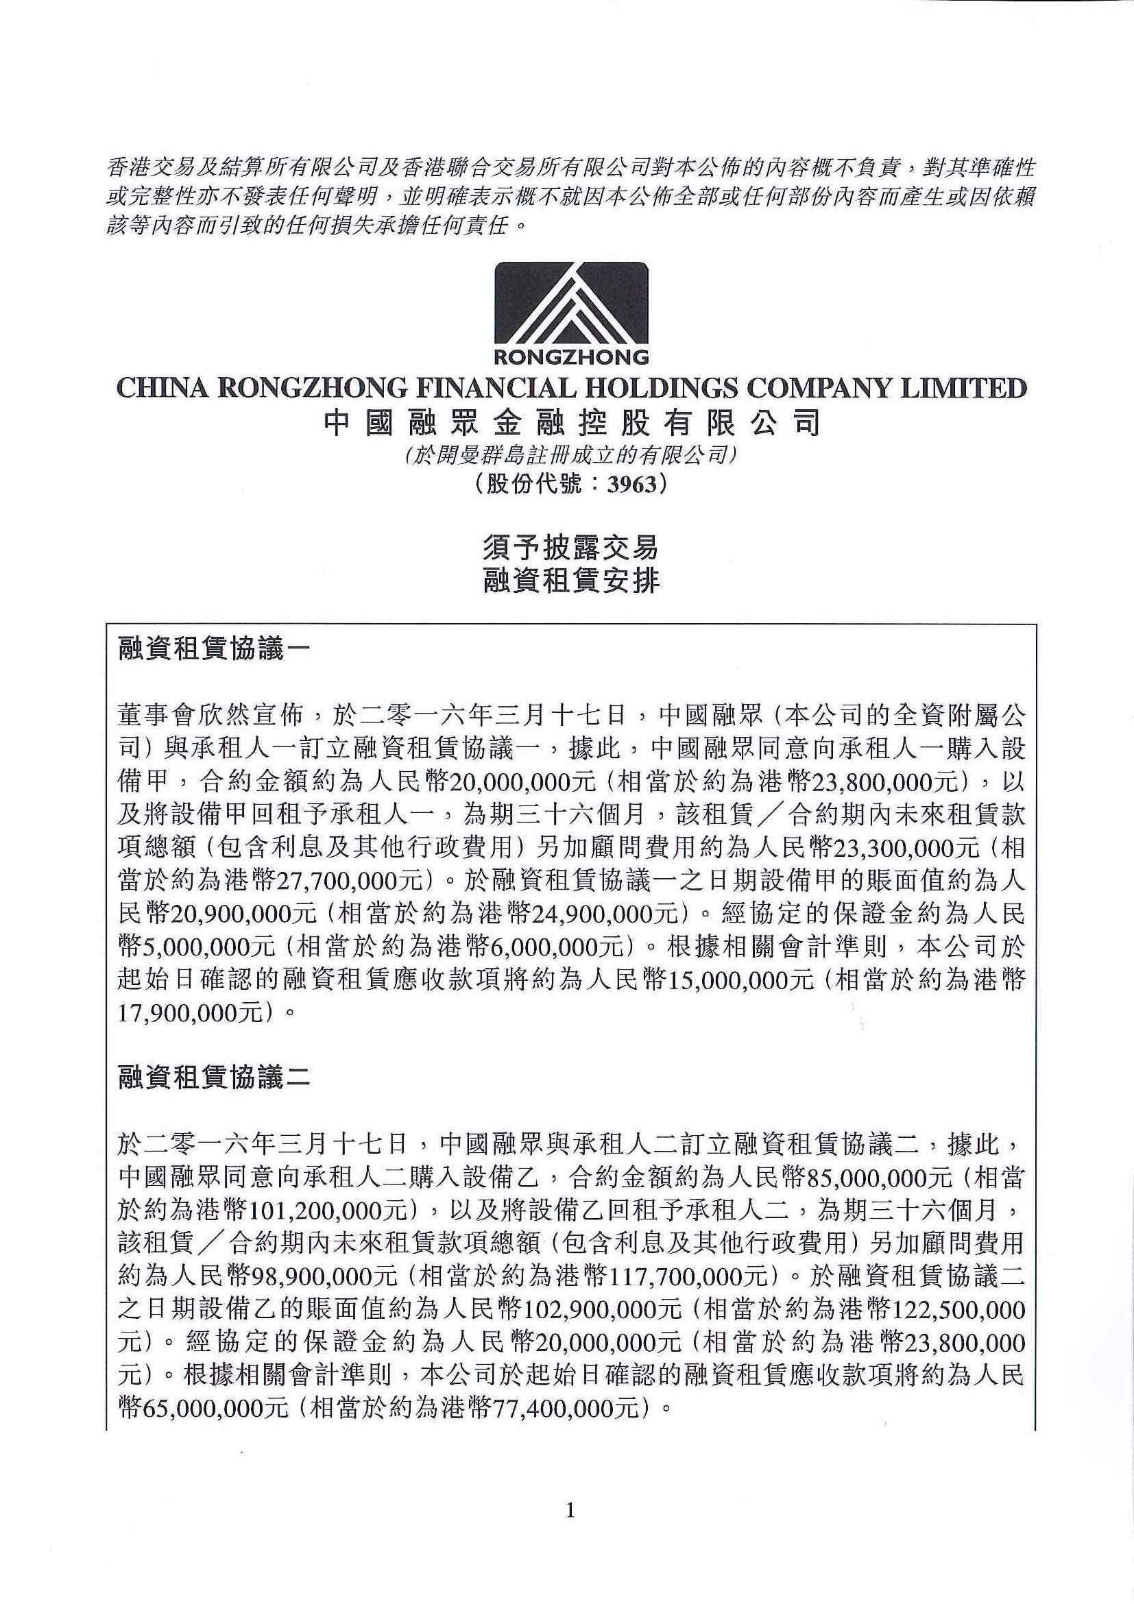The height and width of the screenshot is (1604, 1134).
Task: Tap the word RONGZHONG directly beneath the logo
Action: (x=571, y=358)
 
